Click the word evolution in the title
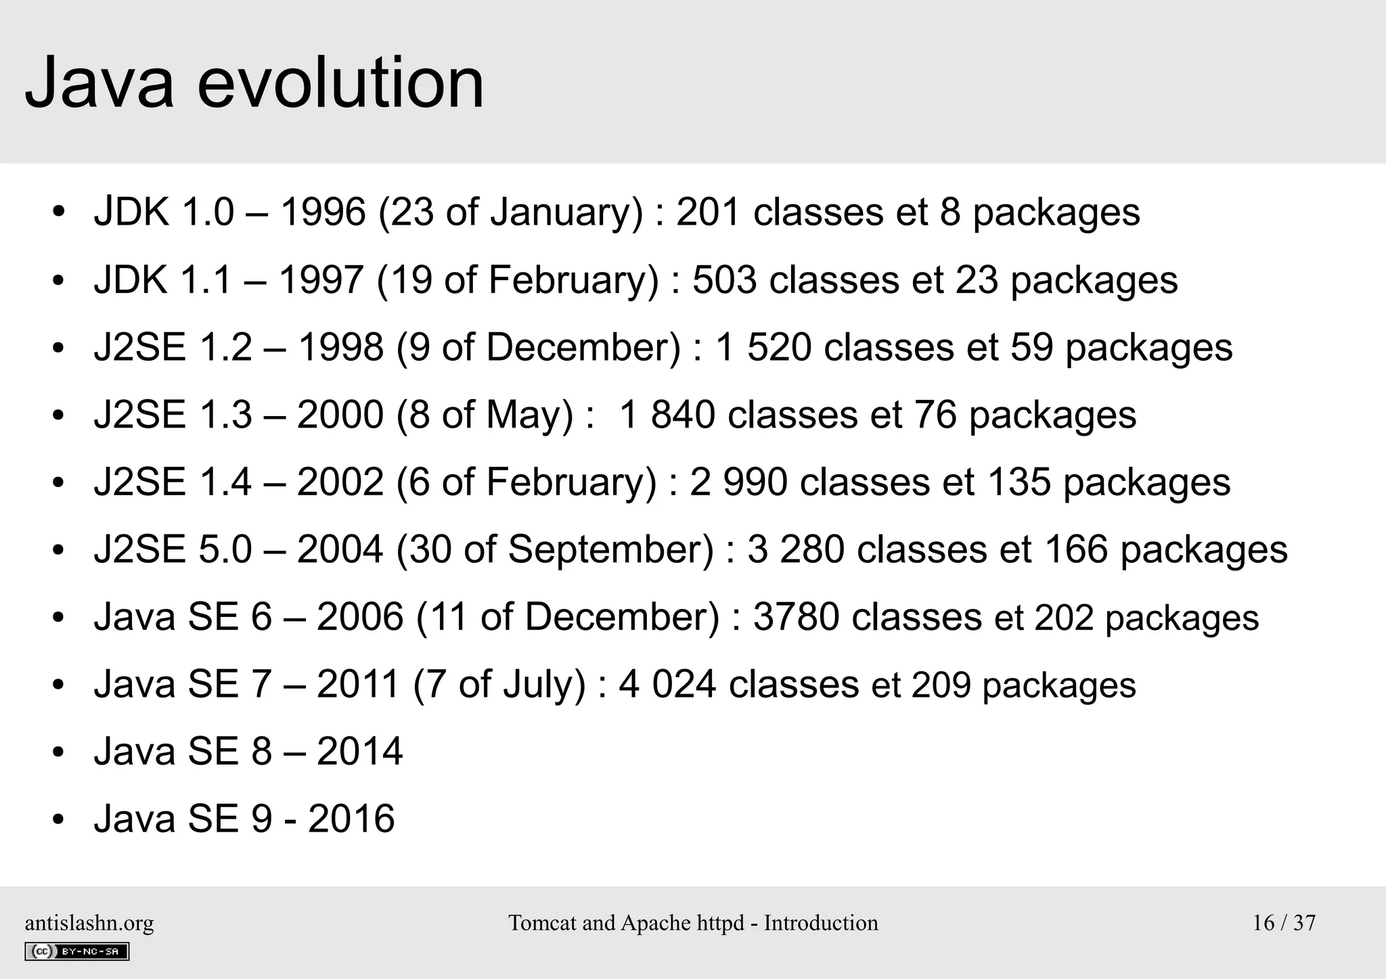click(340, 83)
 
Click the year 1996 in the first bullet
click(322, 212)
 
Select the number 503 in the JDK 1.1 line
click(724, 279)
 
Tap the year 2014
click(359, 751)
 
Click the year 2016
click(351, 819)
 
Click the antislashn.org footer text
click(89, 923)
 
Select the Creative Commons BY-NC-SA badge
click(76, 951)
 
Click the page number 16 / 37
click(1284, 923)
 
